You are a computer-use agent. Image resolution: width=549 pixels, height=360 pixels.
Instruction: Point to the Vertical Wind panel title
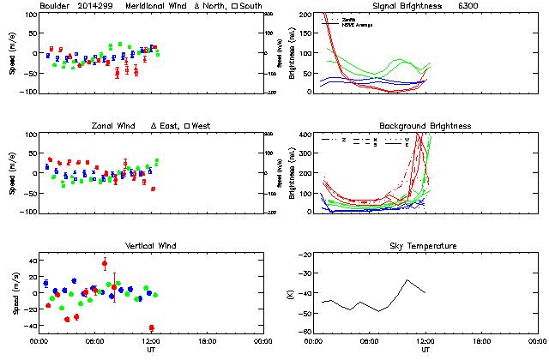click(148, 246)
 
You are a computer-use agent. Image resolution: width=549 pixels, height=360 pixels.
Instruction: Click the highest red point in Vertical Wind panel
click(105, 264)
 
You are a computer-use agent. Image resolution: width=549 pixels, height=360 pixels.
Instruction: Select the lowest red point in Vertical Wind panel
click(152, 327)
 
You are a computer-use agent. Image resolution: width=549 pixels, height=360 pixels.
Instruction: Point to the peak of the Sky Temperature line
click(408, 279)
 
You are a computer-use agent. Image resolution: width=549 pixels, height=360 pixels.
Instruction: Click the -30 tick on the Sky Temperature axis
click(304, 275)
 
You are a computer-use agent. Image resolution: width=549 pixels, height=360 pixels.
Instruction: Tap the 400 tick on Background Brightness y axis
click(302, 135)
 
